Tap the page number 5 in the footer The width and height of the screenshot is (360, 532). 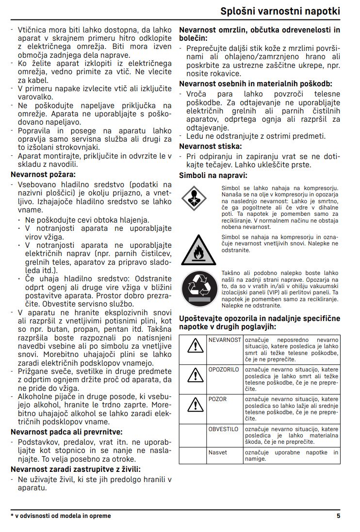(338, 516)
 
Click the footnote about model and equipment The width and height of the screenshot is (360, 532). (61, 516)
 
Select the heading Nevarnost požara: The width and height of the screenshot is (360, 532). (44, 174)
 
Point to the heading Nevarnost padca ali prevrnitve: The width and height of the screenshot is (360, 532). (66, 432)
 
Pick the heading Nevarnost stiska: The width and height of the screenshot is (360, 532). (211, 146)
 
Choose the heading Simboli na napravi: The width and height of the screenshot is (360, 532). (213, 175)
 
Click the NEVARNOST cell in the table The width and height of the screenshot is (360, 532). (225, 340)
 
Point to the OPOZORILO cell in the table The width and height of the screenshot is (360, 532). (224, 370)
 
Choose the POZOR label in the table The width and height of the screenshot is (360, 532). (217, 399)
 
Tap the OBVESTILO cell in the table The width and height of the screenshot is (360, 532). (224, 429)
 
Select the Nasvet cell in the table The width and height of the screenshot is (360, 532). (218, 452)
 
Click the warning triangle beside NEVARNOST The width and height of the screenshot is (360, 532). (195, 345)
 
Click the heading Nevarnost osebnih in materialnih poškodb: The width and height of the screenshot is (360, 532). (256, 83)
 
